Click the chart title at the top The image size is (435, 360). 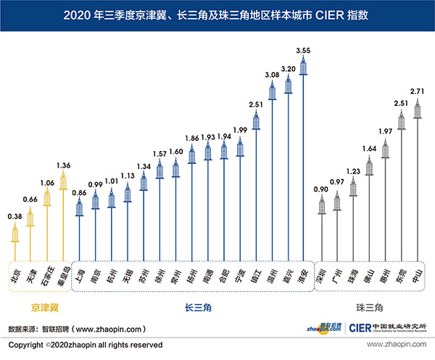(x=217, y=14)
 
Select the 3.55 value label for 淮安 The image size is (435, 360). (x=304, y=50)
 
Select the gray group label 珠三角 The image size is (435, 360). (x=370, y=308)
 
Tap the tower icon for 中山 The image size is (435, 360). (x=417, y=109)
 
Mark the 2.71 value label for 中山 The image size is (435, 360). (x=416, y=93)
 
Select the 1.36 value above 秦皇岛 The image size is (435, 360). (x=64, y=165)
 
